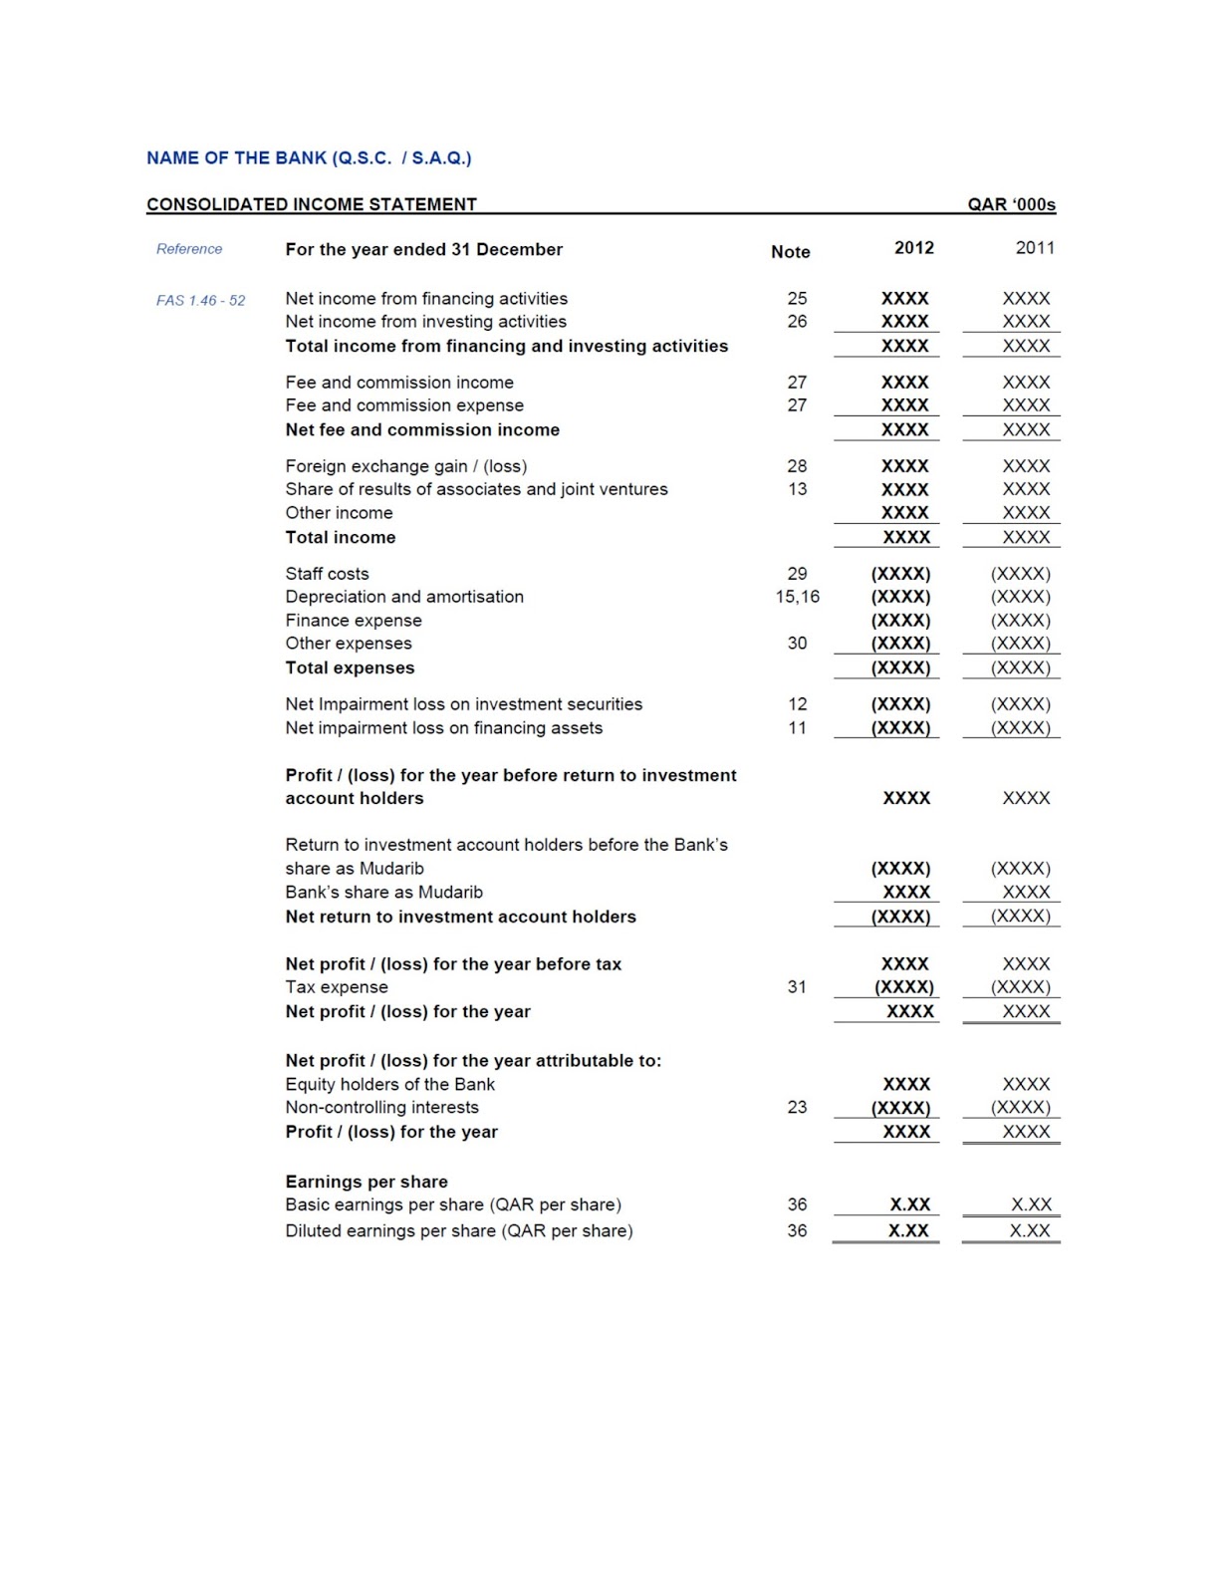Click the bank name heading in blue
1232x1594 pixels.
coord(309,157)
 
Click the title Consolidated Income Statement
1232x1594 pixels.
coord(311,204)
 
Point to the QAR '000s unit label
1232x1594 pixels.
coord(1011,204)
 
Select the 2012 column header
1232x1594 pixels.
coord(913,248)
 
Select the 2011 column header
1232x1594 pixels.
coord(1034,248)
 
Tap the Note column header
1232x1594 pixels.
coord(790,252)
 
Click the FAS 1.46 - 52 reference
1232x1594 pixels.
coord(200,300)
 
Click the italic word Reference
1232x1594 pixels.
coord(189,249)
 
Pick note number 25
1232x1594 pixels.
coord(797,298)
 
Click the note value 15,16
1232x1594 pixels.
coord(797,597)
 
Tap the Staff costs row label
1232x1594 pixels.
coord(327,574)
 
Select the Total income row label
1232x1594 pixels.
coord(340,537)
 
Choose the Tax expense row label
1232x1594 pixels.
coord(337,987)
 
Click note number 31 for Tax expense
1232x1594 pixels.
coord(797,987)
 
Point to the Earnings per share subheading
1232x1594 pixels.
coord(367,1182)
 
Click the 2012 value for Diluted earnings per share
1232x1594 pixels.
coord(908,1230)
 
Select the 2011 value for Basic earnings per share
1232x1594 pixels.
coord(1031,1204)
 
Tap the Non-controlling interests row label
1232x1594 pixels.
coord(381,1108)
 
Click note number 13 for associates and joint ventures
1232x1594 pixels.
coord(797,489)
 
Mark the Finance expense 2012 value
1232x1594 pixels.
coord(900,620)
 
